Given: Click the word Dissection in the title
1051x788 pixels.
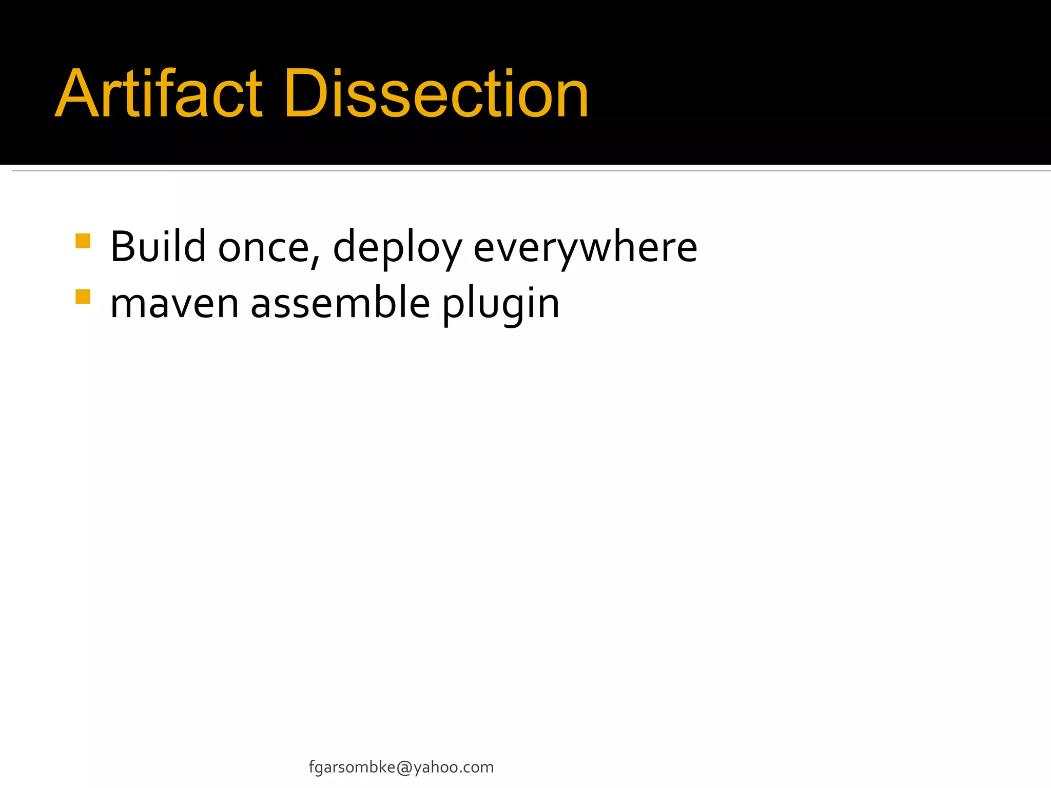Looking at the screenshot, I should point(436,94).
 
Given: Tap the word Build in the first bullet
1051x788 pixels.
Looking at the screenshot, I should point(158,247).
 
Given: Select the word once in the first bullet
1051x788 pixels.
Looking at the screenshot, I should point(263,249).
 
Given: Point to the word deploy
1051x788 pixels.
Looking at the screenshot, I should point(397,249).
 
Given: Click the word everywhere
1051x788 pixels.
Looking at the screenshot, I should point(585,249).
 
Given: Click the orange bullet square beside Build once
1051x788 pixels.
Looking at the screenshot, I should point(83,241).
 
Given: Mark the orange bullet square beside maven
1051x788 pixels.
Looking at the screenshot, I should point(83,297).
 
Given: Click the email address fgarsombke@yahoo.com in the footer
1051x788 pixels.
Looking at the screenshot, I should point(401,767).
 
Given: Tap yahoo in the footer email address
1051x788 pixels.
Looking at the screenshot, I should point(436,767).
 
